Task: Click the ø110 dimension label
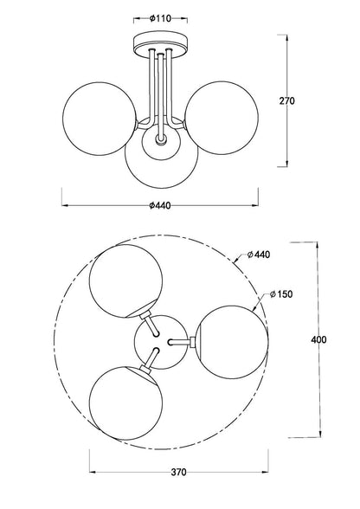160,18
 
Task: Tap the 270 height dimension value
287,101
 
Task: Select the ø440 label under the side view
160,205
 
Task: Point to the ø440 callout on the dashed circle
259,254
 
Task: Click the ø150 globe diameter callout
281,294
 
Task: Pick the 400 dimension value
318,340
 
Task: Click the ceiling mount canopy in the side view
160,45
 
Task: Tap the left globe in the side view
100,119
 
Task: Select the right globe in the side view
222,118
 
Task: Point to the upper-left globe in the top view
125,280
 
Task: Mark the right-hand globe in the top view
232,342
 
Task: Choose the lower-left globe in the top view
125,403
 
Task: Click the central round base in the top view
161,342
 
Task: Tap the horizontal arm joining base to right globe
181,341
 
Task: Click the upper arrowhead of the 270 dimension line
287,37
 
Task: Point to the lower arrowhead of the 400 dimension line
321,434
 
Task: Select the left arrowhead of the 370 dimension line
93,471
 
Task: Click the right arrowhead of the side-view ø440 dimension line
254,205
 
